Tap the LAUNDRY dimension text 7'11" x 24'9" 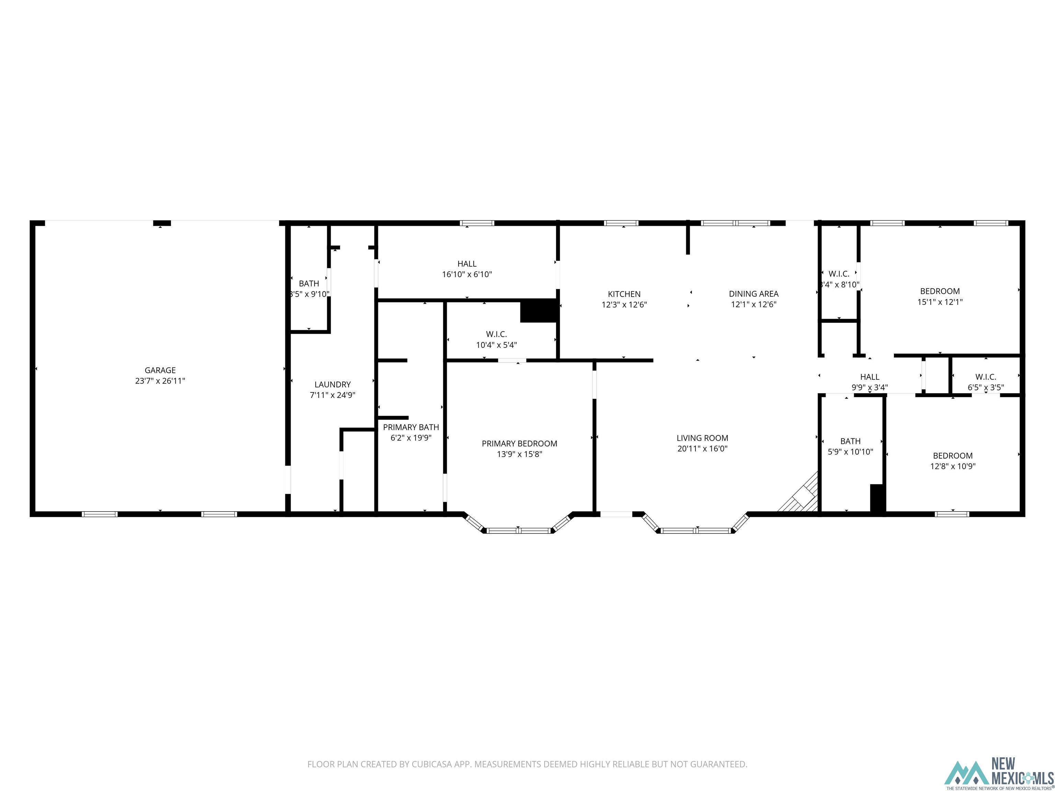[x=332, y=395]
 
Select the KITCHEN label [x=624, y=294]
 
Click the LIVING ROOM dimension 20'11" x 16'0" [x=702, y=449]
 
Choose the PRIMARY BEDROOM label [x=519, y=444]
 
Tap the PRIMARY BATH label [x=411, y=427]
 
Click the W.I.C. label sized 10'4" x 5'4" [x=496, y=334]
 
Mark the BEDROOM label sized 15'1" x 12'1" [x=940, y=291]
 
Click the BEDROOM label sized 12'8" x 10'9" [x=952, y=456]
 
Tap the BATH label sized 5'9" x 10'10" [x=850, y=441]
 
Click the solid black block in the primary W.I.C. [x=538, y=311]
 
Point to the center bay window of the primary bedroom [x=519, y=530]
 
